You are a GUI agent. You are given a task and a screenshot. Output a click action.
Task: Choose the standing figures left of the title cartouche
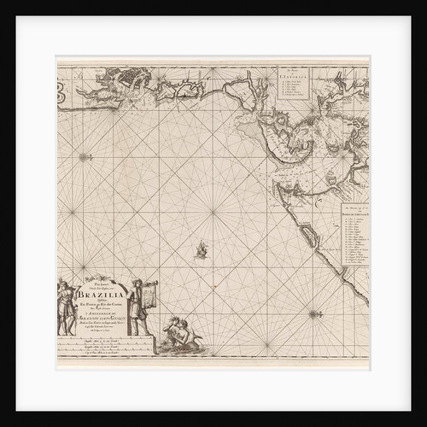[x=67, y=307]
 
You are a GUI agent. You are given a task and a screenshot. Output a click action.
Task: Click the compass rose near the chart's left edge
[x=84, y=156]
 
